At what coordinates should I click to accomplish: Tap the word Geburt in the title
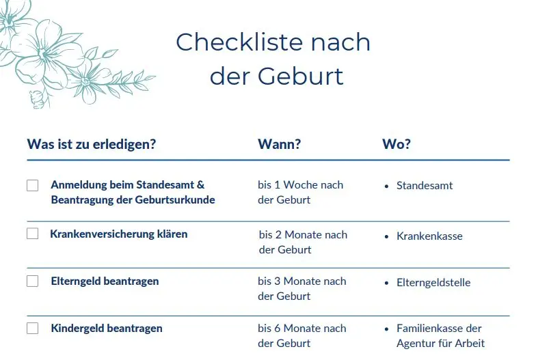(x=301, y=76)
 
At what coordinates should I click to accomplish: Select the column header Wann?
(x=279, y=144)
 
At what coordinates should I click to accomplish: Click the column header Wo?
(x=396, y=144)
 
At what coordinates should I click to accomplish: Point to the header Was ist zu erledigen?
(x=91, y=144)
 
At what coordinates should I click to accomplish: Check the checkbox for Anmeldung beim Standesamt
(x=33, y=185)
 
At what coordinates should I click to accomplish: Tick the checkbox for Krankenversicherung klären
(x=33, y=234)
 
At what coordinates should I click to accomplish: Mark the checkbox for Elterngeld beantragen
(x=33, y=281)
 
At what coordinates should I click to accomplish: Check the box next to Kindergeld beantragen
(x=33, y=328)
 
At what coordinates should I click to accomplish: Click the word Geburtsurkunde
(x=174, y=200)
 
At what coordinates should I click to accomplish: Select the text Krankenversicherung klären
(x=118, y=234)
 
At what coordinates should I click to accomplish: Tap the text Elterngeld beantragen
(x=105, y=281)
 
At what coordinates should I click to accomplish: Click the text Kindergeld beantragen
(x=107, y=328)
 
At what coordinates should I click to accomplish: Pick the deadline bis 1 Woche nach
(x=300, y=185)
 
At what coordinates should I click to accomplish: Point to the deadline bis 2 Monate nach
(x=303, y=234)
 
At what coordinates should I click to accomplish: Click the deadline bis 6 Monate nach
(x=301, y=328)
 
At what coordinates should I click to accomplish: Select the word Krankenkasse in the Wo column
(x=429, y=236)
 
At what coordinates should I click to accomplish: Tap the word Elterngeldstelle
(x=433, y=282)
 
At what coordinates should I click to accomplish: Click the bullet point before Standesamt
(x=387, y=186)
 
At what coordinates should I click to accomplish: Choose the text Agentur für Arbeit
(x=440, y=343)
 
